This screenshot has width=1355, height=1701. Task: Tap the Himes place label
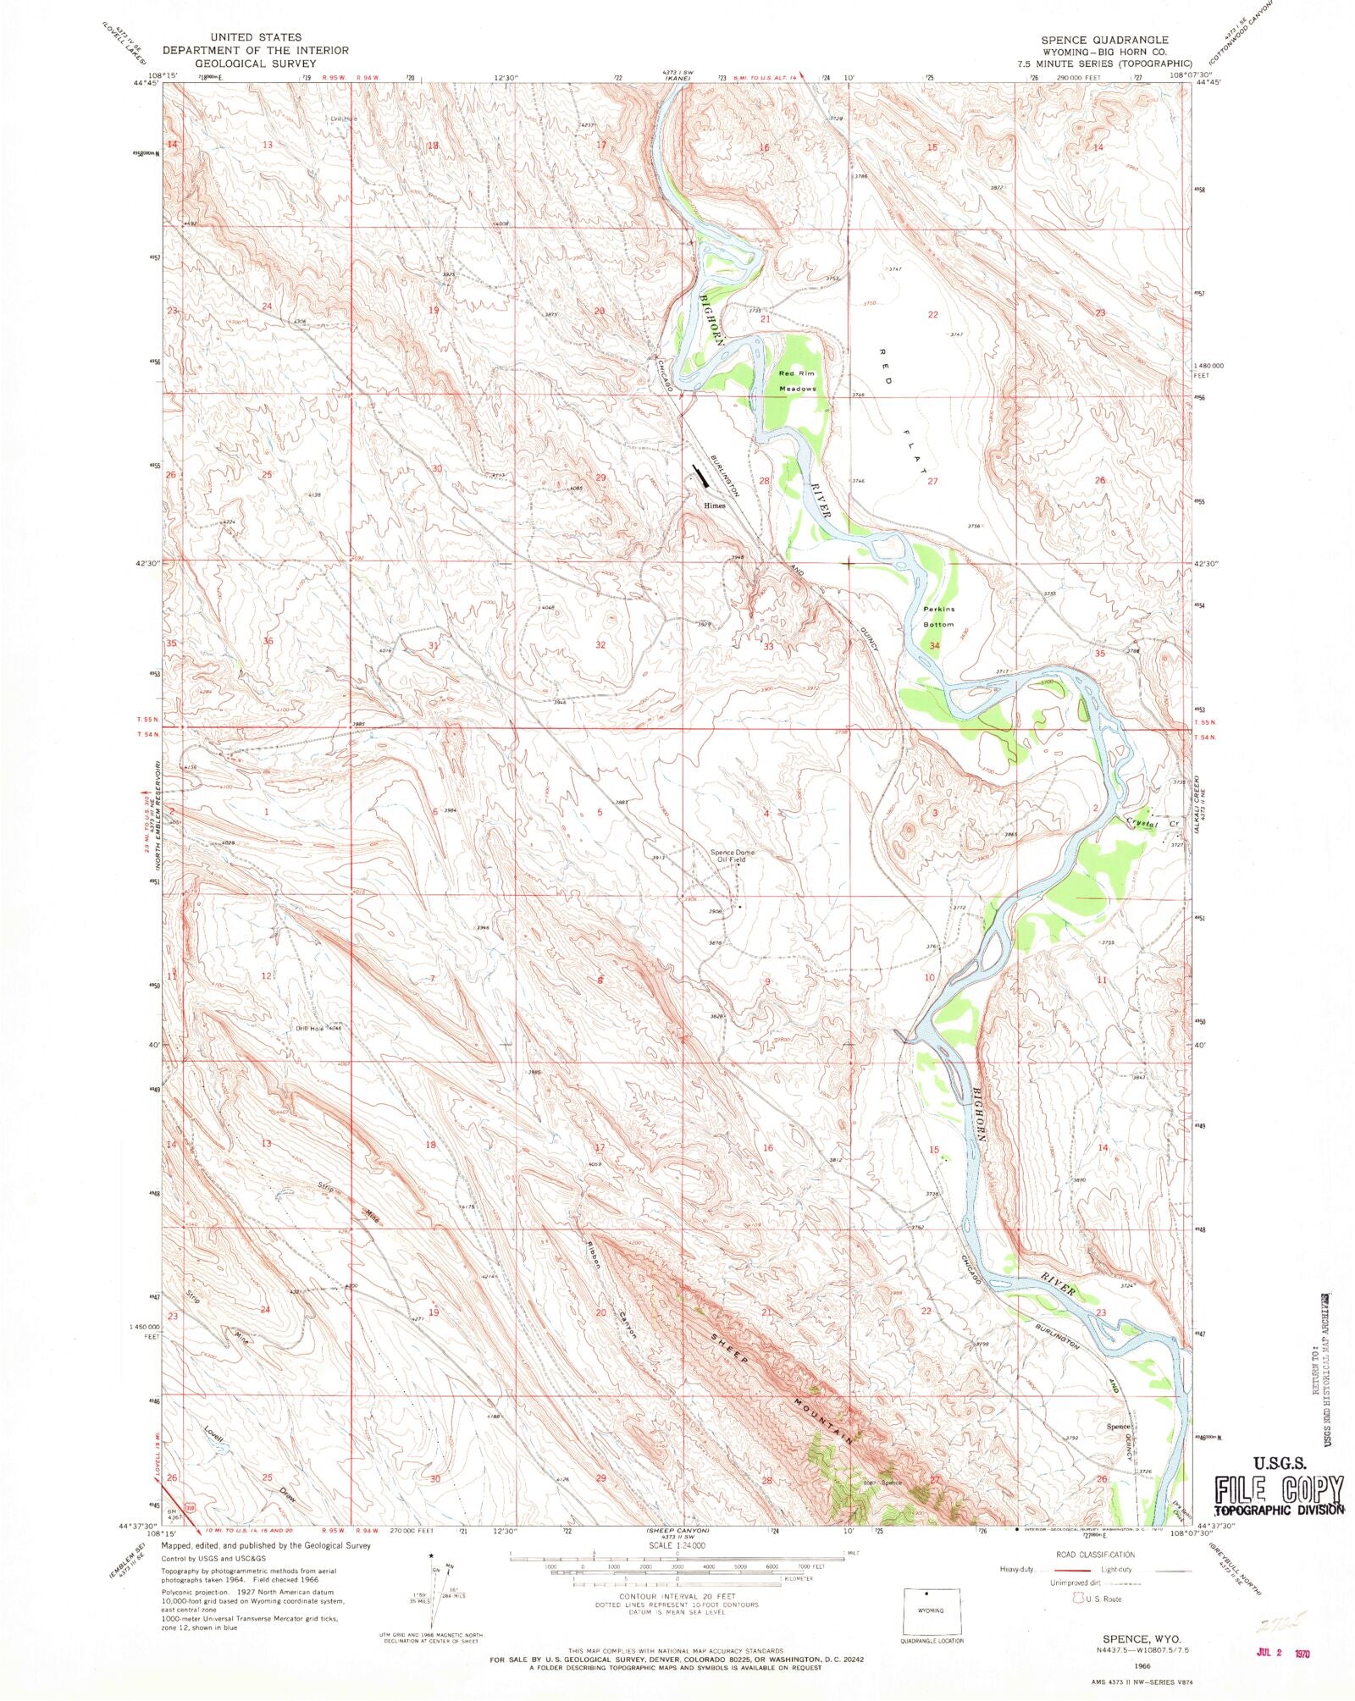(x=715, y=505)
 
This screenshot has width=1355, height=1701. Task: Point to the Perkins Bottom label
(x=938, y=616)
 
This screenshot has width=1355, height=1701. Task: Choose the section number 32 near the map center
(x=600, y=645)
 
